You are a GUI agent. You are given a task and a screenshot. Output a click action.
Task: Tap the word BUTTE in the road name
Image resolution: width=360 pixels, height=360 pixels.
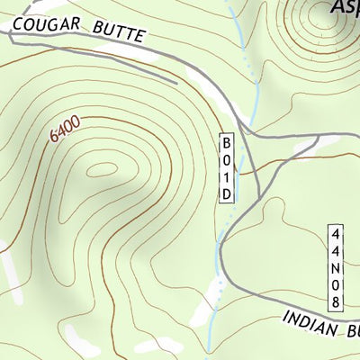118,34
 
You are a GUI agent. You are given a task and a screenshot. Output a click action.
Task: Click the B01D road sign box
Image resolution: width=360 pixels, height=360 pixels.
228,168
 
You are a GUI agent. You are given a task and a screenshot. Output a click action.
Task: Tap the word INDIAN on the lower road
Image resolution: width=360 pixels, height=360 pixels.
311,322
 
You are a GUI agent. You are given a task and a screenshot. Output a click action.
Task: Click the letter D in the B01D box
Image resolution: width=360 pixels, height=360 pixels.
228,193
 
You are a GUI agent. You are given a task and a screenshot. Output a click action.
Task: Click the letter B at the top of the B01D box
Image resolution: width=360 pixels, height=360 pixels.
228,143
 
